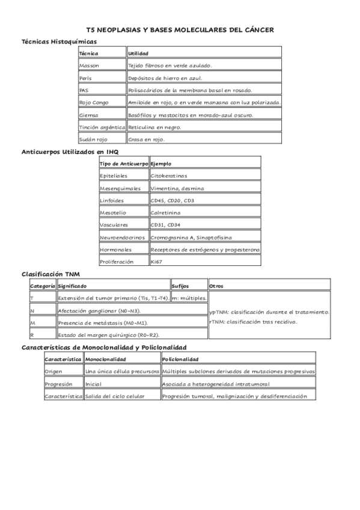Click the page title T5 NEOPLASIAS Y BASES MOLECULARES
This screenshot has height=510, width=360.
coord(180,28)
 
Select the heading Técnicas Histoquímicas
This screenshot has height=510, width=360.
coord(59,41)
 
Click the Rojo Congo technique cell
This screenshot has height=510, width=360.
coord(94,102)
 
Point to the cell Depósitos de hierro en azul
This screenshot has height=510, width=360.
coord(165,78)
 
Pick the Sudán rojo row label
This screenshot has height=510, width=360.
coord(93,140)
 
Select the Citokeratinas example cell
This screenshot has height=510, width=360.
coord(169,176)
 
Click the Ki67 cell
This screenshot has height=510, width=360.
coord(157,262)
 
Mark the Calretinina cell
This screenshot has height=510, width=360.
coord(166,213)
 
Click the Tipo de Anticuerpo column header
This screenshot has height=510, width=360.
coord(123,164)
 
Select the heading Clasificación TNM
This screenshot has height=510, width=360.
coord(50,274)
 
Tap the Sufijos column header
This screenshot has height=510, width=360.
coord(180,286)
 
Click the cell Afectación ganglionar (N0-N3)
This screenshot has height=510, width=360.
coord(100,311)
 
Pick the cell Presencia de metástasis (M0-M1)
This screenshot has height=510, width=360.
coord(103,323)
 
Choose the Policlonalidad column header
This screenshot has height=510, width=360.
coord(182,359)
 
